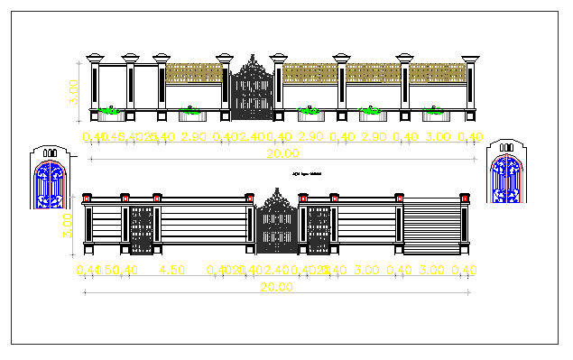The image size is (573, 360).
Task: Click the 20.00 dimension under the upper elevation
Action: (277, 155)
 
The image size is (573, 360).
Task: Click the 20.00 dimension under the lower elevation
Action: (277, 288)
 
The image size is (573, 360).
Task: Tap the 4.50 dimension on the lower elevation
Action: (172, 270)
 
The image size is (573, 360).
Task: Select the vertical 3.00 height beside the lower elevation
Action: (68, 225)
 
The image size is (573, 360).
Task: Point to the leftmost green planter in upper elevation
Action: (109, 111)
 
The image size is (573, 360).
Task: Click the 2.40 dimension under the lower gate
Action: (277, 270)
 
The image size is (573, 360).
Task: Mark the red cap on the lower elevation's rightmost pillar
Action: (465, 197)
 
